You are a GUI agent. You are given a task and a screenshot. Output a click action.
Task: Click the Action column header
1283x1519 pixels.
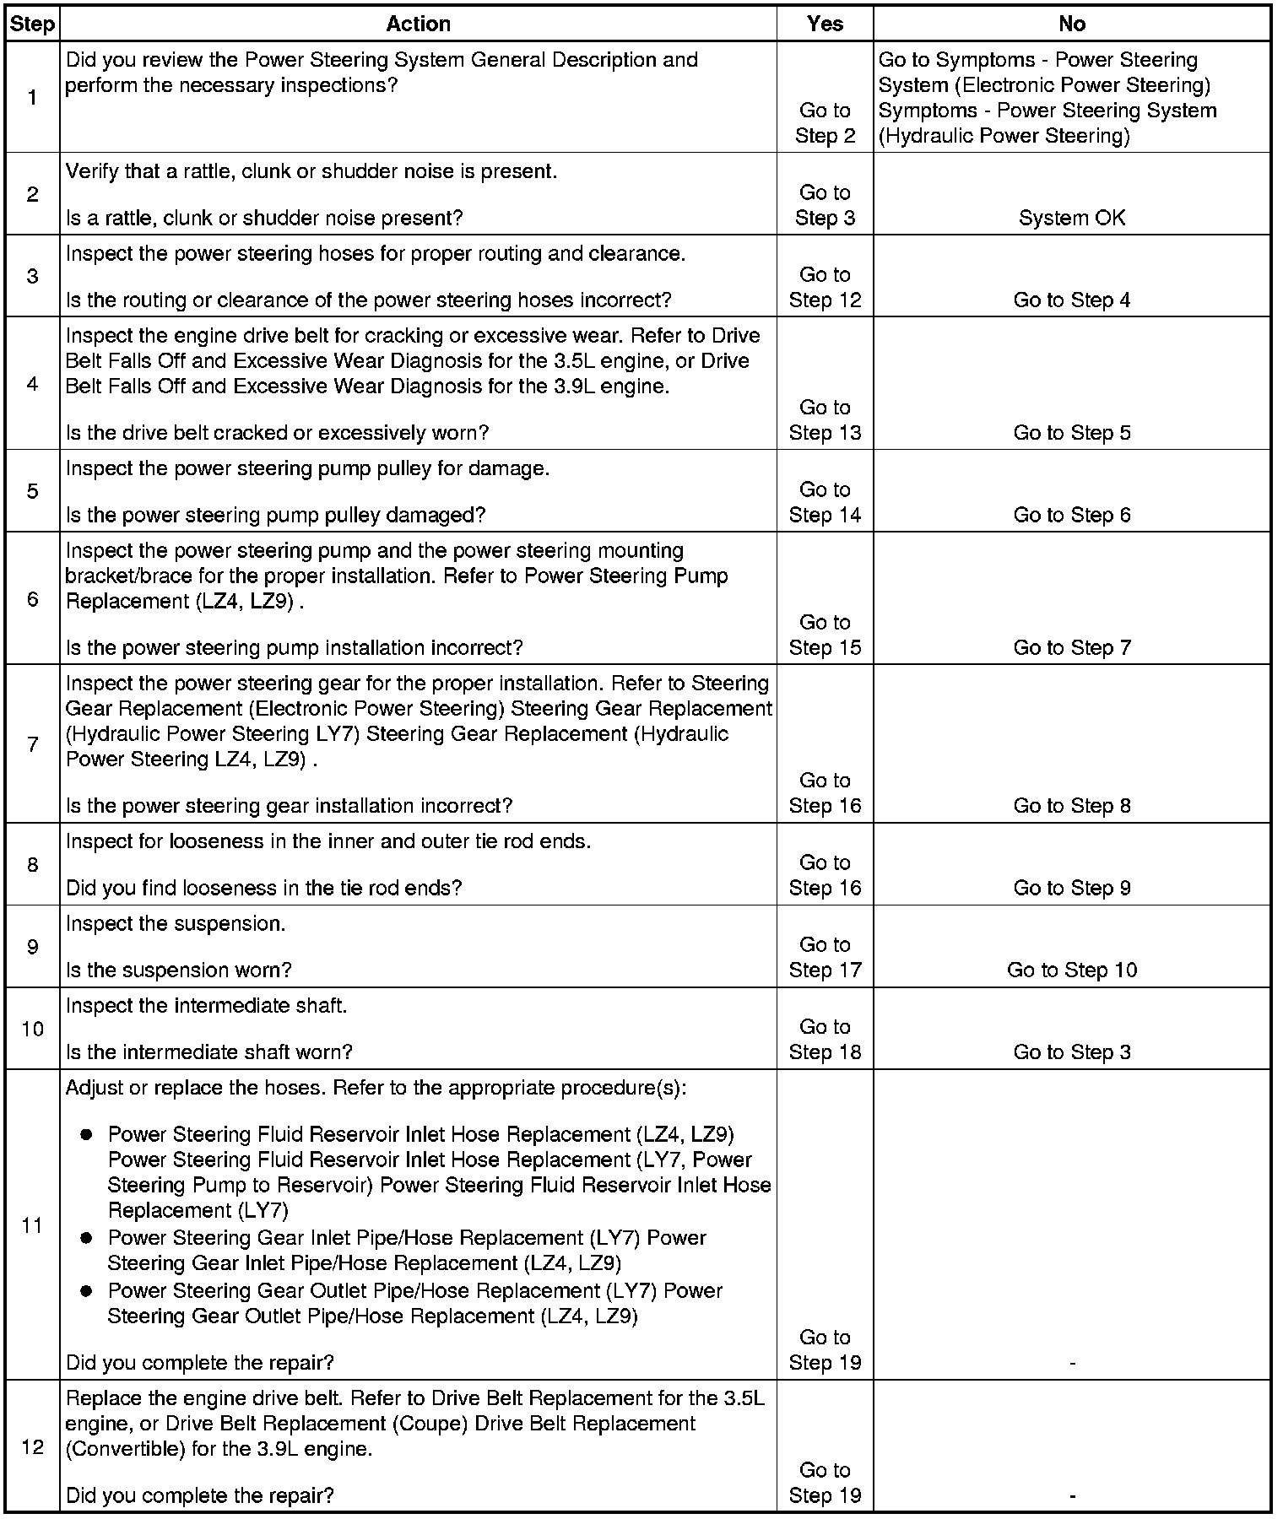(x=418, y=24)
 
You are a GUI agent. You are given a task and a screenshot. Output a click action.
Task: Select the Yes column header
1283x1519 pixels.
(x=825, y=24)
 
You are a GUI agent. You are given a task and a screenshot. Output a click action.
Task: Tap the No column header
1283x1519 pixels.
(x=1071, y=24)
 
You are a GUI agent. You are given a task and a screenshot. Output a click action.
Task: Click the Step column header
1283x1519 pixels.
(x=32, y=24)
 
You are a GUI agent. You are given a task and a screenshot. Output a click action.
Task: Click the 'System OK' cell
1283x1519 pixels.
(x=1071, y=218)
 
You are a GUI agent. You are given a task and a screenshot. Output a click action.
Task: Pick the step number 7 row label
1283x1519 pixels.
(x=32, y=744)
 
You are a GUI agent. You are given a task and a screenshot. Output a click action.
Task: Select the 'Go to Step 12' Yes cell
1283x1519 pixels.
(x=825, y=288)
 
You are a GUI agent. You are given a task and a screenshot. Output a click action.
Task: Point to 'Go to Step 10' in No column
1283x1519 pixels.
(x=1071, y=970)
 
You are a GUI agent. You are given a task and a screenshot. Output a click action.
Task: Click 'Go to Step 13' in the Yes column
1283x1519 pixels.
(x=825, y=420)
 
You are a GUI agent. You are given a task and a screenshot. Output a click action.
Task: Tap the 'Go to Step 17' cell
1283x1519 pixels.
(x=825, y=958)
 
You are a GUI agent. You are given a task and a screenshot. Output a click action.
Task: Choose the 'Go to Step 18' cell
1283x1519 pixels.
(x=825, y=1040)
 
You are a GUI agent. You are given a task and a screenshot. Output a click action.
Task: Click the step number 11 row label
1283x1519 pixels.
(x=32, y=1225)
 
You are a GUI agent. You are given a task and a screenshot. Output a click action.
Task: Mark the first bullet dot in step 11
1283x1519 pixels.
(x=86, y=1134)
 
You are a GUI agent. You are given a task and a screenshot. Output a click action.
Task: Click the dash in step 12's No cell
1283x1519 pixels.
(x=1071, y=1496)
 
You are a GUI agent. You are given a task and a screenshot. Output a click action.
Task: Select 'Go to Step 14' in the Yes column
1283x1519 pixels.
(x=825, y=503)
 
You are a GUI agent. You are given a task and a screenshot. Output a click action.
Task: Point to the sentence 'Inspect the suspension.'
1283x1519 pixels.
(x=176, y=923)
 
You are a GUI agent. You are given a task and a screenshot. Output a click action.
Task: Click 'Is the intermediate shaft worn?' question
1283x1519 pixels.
(x=208, y=1051)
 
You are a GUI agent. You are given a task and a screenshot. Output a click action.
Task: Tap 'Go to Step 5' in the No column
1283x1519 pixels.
(x=1071, y=433)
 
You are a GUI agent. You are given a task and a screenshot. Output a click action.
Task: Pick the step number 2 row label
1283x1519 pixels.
(x=32, y=194)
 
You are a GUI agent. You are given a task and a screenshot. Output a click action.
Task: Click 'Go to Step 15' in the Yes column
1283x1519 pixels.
(x=825, y=635)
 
